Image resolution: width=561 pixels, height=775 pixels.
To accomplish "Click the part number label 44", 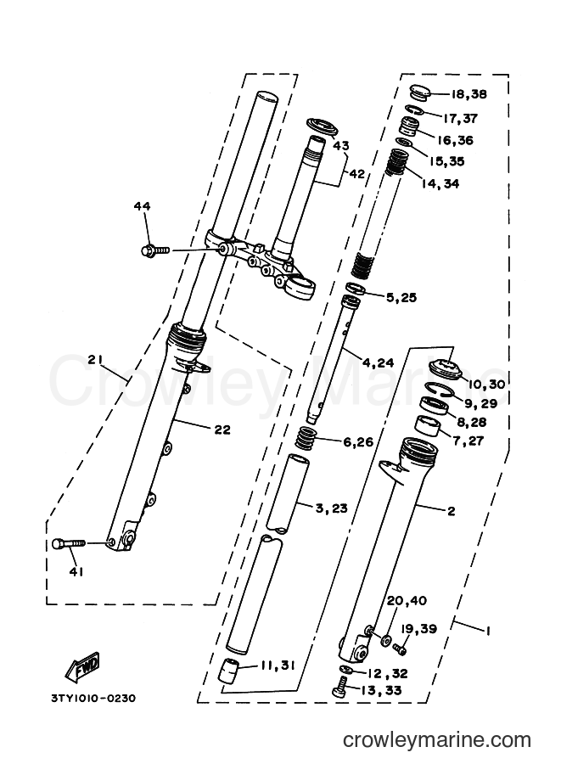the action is pos(142,206).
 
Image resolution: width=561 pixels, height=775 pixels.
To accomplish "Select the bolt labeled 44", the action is pos(154,250).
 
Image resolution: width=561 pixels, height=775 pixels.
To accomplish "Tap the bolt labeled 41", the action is pos(69,543).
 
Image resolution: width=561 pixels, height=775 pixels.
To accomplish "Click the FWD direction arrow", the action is pos(82,665).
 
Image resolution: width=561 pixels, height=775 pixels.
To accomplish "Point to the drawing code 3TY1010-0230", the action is pos(93,699).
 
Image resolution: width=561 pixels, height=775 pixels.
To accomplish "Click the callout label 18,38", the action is pos(468,94).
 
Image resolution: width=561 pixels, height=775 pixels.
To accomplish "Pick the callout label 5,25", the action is pos(401,298).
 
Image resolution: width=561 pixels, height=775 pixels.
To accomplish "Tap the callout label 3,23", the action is pos(331,508).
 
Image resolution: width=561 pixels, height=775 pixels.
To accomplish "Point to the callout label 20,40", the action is pos(407,600).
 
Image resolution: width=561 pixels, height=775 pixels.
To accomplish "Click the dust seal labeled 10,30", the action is pos(445,368).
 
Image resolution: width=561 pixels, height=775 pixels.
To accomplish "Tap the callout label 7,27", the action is pos(468,440).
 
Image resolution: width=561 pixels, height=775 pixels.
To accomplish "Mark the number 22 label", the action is pos(222,430).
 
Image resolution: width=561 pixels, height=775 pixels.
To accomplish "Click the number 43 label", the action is pos(340,145).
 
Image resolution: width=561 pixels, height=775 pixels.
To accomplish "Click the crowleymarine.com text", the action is pos(437,740).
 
